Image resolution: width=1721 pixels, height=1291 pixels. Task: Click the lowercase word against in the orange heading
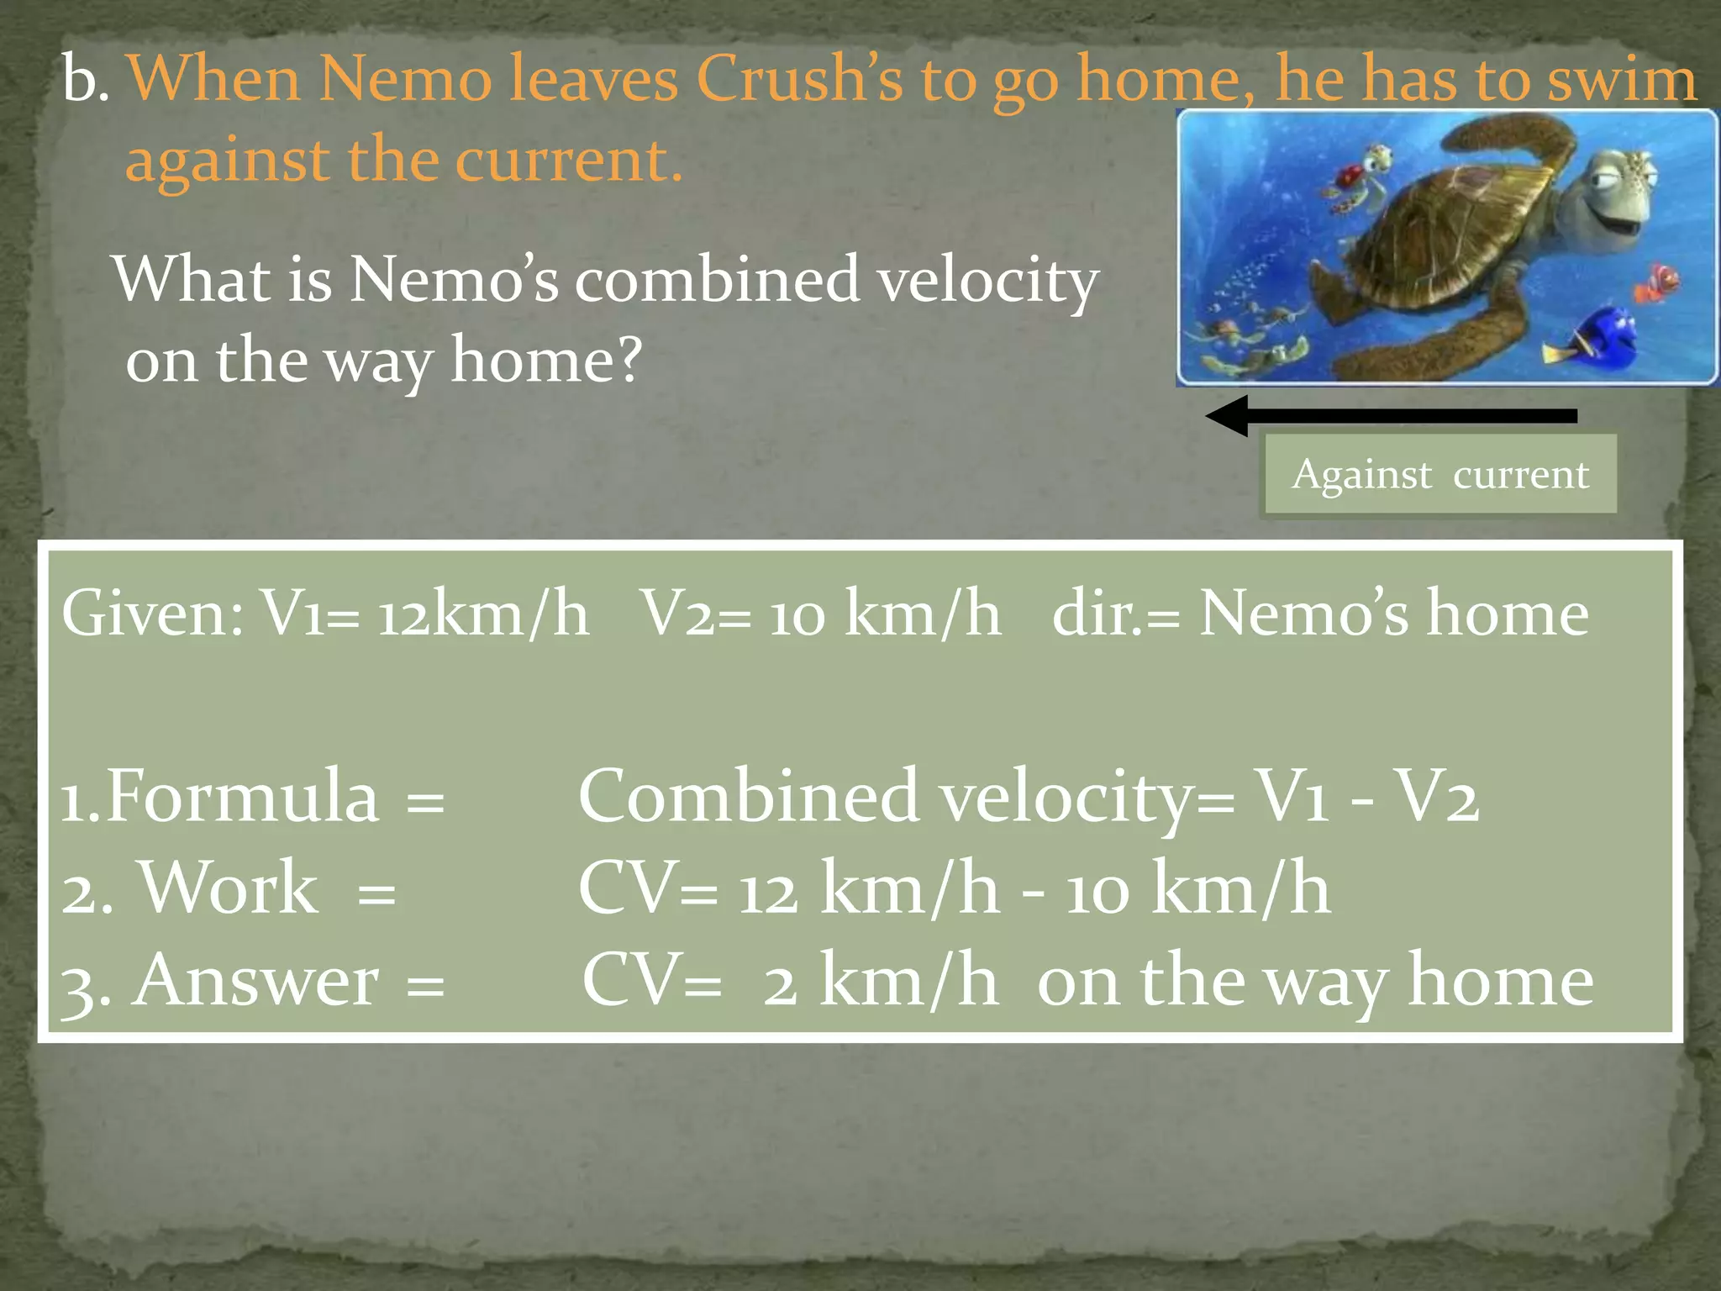click(x=227, y=160)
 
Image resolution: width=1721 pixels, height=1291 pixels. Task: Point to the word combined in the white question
click(x=718, y=280)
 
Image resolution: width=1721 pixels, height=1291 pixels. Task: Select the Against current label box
click(x=1439, y=474)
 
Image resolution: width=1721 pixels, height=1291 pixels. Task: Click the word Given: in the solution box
click(x=152, y=614)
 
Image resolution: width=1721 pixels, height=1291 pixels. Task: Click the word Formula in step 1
click(x=244, y=797)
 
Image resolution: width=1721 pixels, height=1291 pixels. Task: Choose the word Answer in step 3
click(x=256, y=981)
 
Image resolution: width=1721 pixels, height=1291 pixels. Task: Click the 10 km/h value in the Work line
click(x=1198, y=889)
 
